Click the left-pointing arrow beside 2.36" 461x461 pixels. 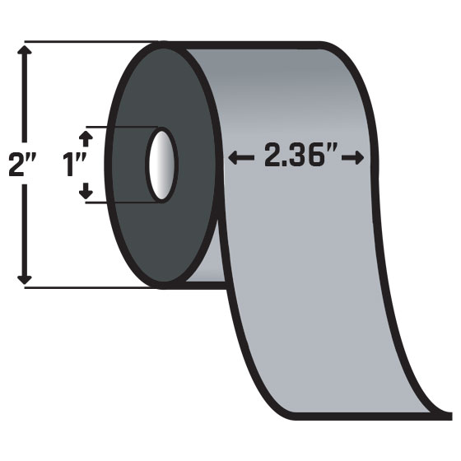coord(241,156)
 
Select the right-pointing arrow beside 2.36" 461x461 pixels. coord(356,156)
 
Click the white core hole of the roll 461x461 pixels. coord(161,164)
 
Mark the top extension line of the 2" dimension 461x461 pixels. coord(82,41)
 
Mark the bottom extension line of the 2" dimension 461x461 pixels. coord(82,287)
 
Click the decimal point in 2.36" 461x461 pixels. coord(286,165)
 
